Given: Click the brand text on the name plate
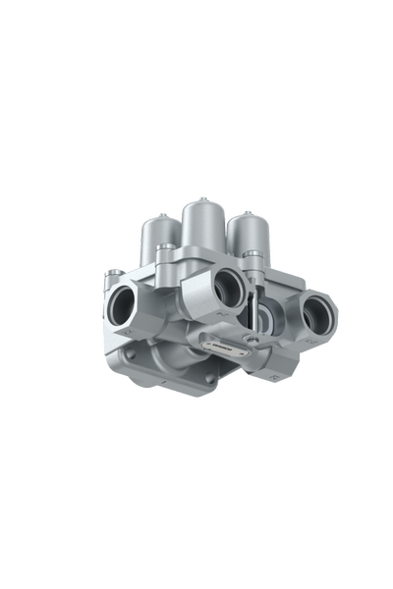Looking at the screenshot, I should [x=223, y=345].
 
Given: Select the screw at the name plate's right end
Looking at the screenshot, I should [x=253, y=340].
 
